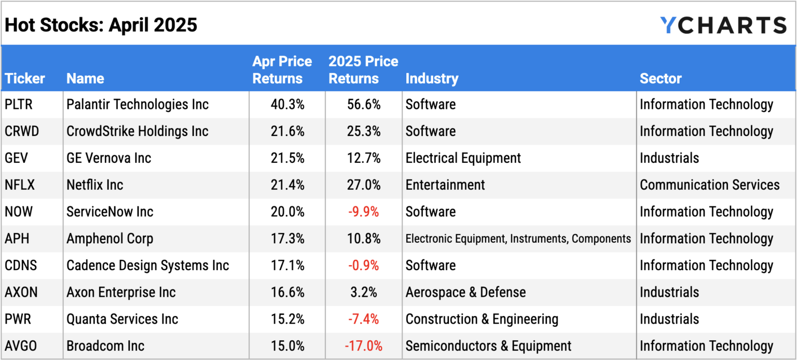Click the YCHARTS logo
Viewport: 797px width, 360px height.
point(723,25)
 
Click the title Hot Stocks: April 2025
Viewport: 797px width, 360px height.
point(101,24)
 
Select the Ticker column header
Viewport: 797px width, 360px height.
point(25,78)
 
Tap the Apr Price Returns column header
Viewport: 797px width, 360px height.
point(282,70)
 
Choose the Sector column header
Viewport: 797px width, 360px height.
point(661,78)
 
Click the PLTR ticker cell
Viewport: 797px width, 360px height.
point(19,104)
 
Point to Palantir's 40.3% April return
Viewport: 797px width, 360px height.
point(287,104)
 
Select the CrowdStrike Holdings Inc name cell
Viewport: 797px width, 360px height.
point(138,131)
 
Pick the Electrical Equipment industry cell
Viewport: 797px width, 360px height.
point(463,158)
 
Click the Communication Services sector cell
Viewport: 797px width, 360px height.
point(709,185)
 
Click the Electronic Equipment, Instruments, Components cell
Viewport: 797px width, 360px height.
point(518,239)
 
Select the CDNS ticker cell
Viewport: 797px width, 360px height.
point(21,265)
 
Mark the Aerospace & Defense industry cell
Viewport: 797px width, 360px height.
point(465,292)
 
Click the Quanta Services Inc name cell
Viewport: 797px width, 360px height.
point(122,319)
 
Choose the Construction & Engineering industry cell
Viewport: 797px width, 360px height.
point(482,319)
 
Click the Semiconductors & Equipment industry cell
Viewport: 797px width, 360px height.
point(488,346)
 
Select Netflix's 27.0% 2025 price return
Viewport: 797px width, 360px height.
point(363,185)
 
